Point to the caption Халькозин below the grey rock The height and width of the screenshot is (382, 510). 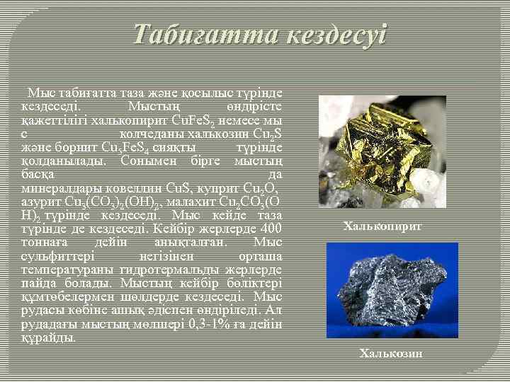(391, 352)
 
